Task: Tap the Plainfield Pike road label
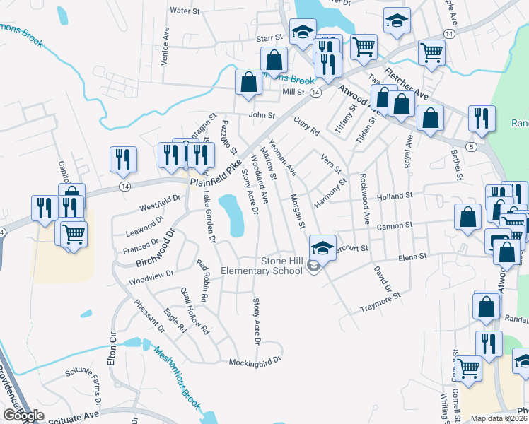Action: (x=220, y=172)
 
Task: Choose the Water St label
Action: (x=186, y=11)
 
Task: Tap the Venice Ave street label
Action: (x=165, y=47)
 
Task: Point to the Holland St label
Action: (x=394, y=196)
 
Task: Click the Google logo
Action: (x=23, y=416)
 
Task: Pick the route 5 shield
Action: (x=470, y=146)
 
